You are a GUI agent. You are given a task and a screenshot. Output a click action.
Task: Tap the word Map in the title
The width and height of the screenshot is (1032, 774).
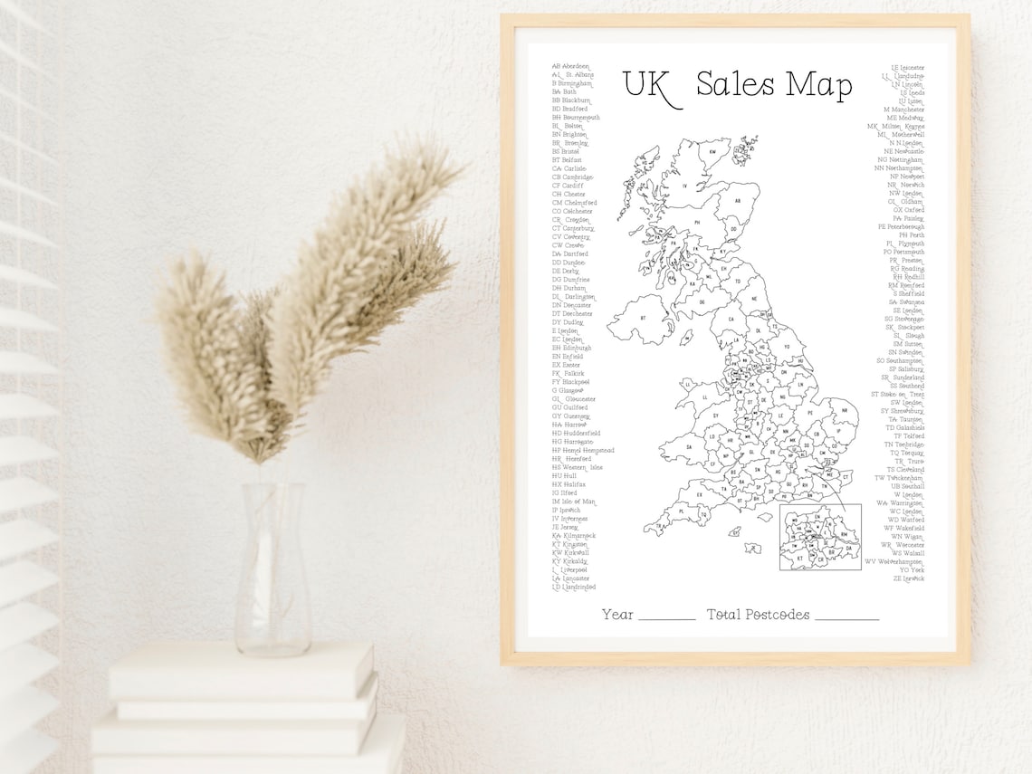(x=818, y=86)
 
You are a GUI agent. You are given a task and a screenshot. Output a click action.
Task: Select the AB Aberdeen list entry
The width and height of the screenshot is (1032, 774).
(x=570, y=66)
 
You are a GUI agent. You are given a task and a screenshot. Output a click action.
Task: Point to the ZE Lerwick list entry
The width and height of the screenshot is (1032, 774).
(x=908, y=578)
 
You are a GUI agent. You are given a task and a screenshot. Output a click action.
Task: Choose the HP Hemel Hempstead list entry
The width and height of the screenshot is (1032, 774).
(x=583, y=450)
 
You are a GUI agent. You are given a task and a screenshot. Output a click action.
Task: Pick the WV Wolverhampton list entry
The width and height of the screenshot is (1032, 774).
(x=894, y=561)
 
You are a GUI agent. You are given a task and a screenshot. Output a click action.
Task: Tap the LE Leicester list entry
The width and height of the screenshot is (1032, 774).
(x=907, y=67)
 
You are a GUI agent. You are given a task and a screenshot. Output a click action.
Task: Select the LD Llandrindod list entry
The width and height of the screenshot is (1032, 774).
(x=574, y=587)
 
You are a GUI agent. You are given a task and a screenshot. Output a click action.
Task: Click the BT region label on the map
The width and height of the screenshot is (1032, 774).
(x=644, y=319)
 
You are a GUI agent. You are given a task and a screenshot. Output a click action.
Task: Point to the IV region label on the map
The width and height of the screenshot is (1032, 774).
(x=684, y=186)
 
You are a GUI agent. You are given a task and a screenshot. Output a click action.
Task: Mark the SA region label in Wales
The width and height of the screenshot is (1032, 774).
(x=689, y=446)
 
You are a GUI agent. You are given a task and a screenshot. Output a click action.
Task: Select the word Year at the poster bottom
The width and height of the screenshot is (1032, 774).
(x=617, y=615)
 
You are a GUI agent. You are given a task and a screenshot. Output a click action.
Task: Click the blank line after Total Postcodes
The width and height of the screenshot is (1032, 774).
(x=846, y=617)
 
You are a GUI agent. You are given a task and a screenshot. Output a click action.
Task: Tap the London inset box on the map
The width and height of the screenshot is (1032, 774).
(x=820, y=537)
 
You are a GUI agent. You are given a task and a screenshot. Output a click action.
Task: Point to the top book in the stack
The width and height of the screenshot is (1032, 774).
(x=241, y=671)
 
